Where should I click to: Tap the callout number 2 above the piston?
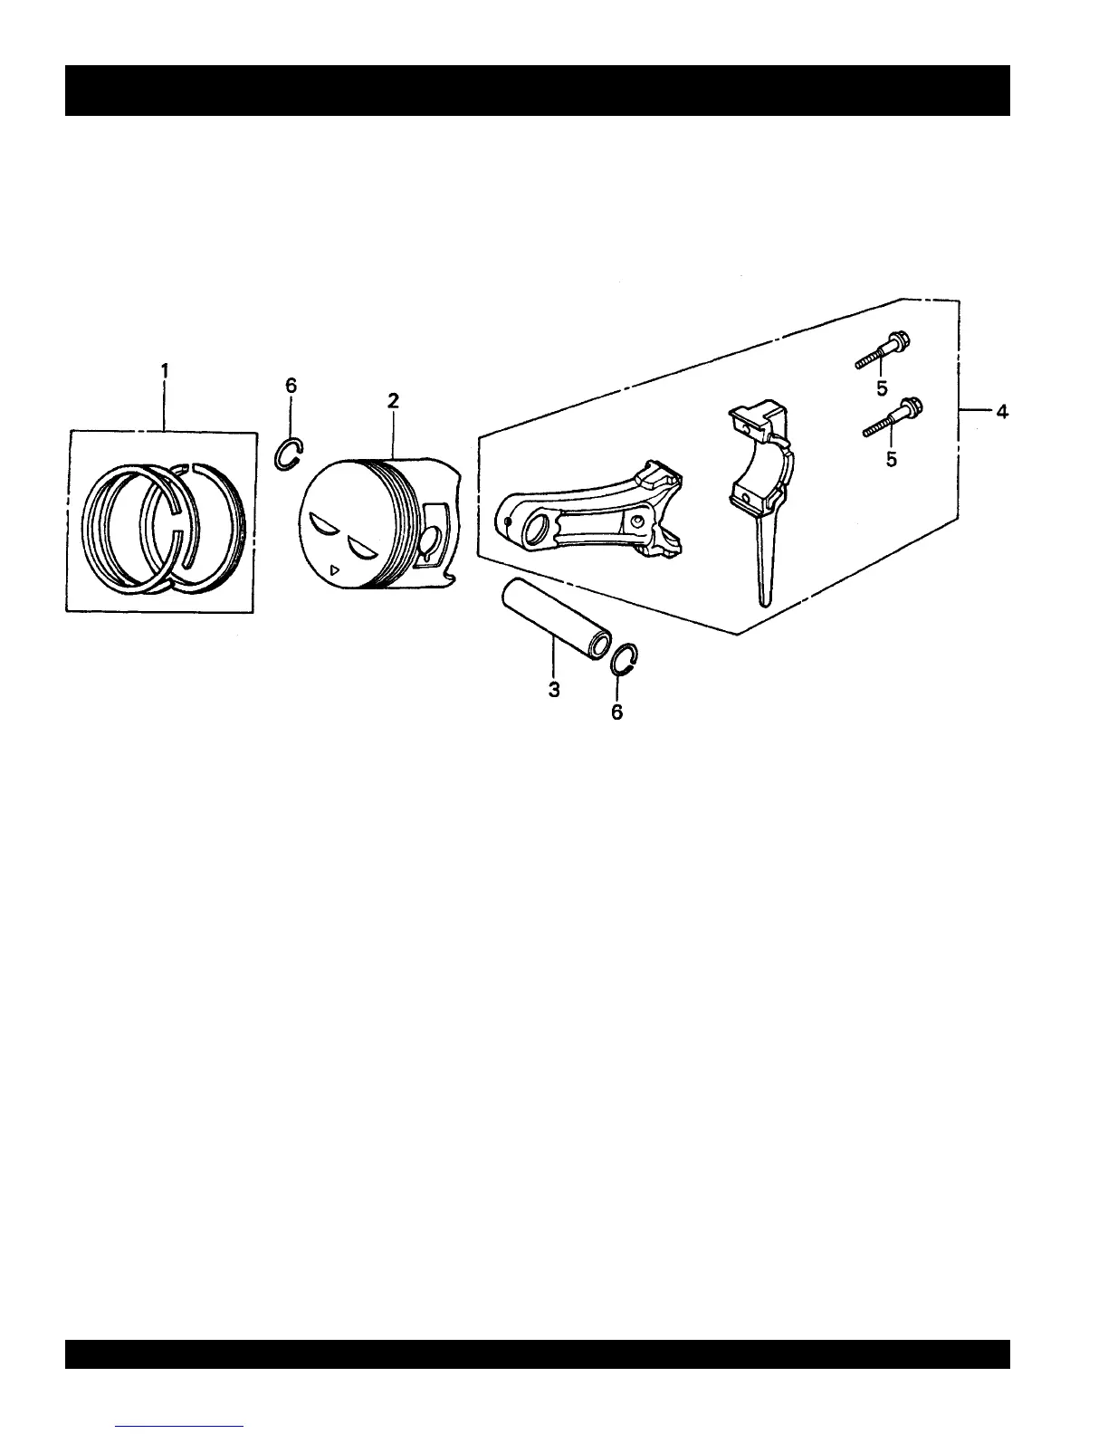[x=393, y=401]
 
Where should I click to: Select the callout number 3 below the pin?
[x=554, y=690]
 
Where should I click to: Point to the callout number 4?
[x=1001, y=412]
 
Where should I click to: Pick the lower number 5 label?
[x=892, y=460]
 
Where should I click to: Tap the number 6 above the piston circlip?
[x=291, y=385]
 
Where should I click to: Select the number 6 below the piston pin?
[x=616, y=712]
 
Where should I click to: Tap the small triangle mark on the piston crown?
[x=335, y=570]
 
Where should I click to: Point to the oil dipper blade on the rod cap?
[x=766, y=561]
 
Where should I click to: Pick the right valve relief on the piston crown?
[x=362, y=546]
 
